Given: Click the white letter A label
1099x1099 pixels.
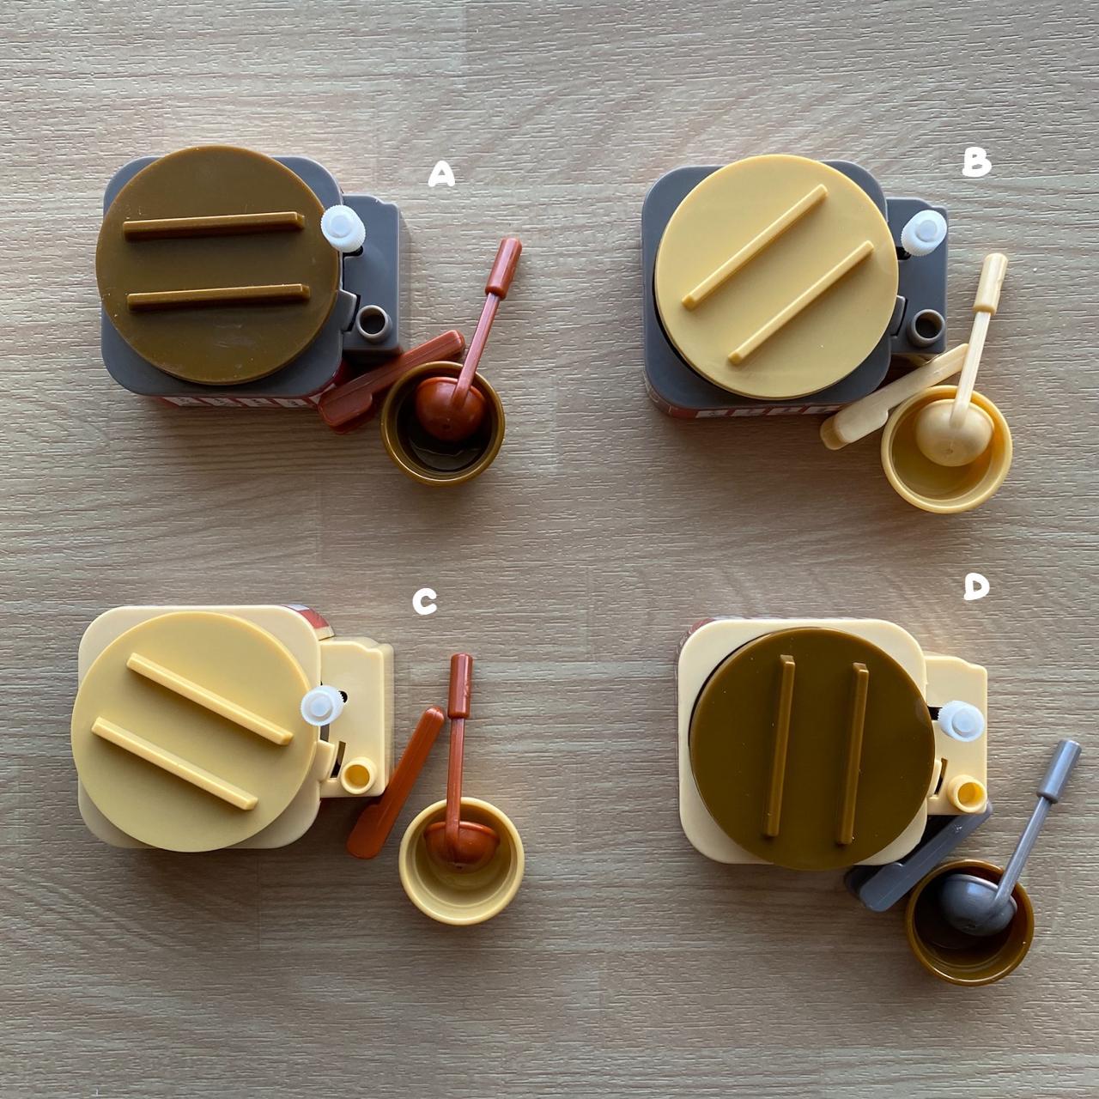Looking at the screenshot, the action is tap(441, 174).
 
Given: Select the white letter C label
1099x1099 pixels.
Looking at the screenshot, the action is tap(424, 601).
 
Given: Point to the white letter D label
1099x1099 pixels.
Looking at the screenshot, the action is tap(977, 587).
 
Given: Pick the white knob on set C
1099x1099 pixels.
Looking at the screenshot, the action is tap(322, 706).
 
